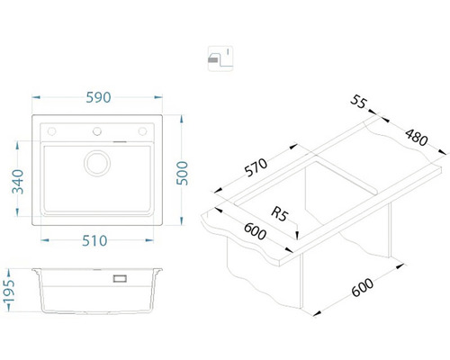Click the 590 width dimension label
[98, 97]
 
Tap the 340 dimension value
[18, 182]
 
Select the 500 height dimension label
[182, 173]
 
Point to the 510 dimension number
[94, 240]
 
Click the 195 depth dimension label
[8, 292]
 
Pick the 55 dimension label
[358, 102]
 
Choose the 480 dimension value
[416, 138]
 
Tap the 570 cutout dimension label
[256, 167]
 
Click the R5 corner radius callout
[279, 214]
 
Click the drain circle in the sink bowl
[97, 163]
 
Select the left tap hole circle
[51, 131]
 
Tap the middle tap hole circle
[97, 131]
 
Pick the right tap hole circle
[142, 131]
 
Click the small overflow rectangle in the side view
[120, 278]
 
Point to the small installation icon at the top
[220, 58]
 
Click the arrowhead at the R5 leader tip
[297, 235]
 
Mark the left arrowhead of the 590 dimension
[36, 97]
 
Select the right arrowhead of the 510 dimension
[149, 240]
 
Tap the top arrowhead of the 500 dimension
[181, 119]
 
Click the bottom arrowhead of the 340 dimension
[17, 212]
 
